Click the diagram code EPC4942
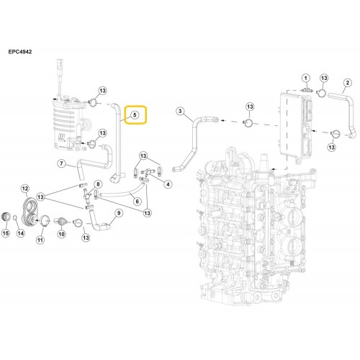click(x=20, y=52)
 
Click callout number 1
click(x=305, y=78)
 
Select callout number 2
click(x=348, y=83)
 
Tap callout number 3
click(x=180, y=111)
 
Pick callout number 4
click(x=168, y=184)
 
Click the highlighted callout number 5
click(x=135, y=115)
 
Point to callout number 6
click(x=138, y=201)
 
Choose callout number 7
click(x=62, y=163)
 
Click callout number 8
click(x=98, y=184)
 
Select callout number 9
click(x=119, y=213)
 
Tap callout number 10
click(x=62, y=234)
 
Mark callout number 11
click(x=40, y=240)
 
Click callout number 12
click(x=25, y=189)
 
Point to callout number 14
click(x=21, y=233)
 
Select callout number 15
click(x=6, y=233)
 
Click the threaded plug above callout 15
click(x=6, y=217)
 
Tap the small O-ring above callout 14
click(x=15, y=217)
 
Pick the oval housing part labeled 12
click(x=30, y=212)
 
